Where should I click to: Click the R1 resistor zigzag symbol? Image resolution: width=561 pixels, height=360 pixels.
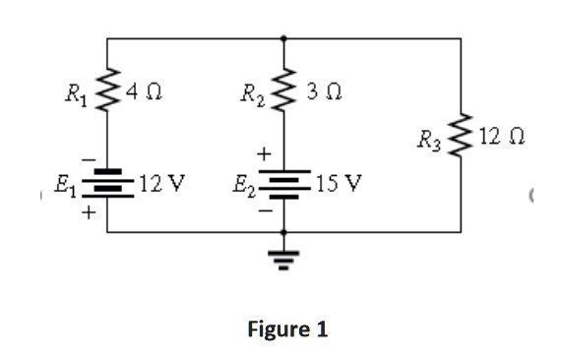(x=107, y=90)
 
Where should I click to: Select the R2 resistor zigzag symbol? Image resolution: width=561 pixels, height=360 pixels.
(x=284, y=90)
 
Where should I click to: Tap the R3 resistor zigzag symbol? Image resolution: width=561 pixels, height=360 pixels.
(x=461, y=135)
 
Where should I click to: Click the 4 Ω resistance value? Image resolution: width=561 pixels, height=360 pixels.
(x=144, y=91)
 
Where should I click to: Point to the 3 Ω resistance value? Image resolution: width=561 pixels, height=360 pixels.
(x=324, y=91)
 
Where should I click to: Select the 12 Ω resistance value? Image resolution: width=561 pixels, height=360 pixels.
(x=502, y=137)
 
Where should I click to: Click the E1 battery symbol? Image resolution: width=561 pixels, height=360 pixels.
(x=108, y=183)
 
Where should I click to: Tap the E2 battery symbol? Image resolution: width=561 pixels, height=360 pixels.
(x=284, y=185)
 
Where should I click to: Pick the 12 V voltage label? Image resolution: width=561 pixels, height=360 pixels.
(x=161, y=183)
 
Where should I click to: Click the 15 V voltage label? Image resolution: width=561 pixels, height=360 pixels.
(x=339, y=184)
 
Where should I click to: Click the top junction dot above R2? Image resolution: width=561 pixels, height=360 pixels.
(x=283, y=38)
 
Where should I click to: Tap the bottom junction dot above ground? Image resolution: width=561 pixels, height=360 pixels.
(x=283, y=232)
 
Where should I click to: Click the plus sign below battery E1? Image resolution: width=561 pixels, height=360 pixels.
(x=89, y=213)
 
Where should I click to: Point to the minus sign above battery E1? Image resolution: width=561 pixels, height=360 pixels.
(x=89, y=159)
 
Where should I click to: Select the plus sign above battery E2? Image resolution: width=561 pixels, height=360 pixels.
(x=264, y=154)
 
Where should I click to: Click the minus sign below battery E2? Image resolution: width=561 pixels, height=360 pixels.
(x=266, y=211)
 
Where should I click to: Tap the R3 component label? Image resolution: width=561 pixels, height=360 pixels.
(x=429, y=140)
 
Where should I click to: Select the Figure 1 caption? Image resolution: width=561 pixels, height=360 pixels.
(x=287, y=330)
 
